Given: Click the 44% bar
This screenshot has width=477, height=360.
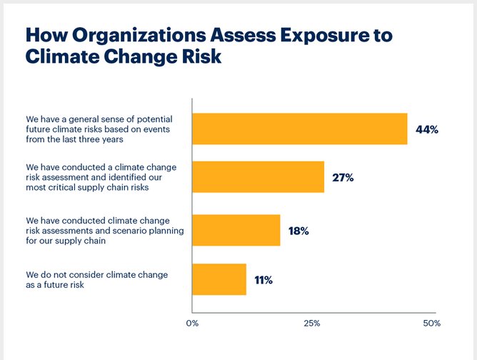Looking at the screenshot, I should click(x=299, y=129).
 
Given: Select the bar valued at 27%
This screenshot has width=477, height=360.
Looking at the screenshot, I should click(x=258, y=177).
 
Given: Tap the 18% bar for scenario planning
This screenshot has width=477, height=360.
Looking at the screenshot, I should click(x=236, y=230).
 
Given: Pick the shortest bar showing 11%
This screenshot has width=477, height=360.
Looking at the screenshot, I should click(x=219, y=279).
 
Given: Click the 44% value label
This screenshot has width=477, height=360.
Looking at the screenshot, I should click(x=426, y=130).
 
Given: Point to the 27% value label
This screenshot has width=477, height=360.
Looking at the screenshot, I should click(x=343, y=178).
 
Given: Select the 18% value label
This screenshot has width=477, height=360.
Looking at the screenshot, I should click(x=298, y=230).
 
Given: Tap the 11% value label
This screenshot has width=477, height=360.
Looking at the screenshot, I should click(x=263, y=280).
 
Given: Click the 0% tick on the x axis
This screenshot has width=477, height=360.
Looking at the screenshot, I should click(x=191, y=324).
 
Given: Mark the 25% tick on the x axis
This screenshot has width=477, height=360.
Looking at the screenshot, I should click(x=311, y=324).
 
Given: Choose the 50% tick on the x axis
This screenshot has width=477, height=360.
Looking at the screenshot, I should click(x=431, y=324).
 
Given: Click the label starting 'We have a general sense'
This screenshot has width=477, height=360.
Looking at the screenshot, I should click(x=99, y=129).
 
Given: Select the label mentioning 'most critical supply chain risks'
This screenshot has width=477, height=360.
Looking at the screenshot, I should click(x=99, y=177).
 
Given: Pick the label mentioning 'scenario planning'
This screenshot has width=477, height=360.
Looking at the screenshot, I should click(x=99, y=230).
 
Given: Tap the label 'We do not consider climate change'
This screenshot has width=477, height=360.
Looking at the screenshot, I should click(x=99, y=279).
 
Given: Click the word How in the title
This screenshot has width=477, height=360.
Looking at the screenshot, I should click(x=50, y=36).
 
